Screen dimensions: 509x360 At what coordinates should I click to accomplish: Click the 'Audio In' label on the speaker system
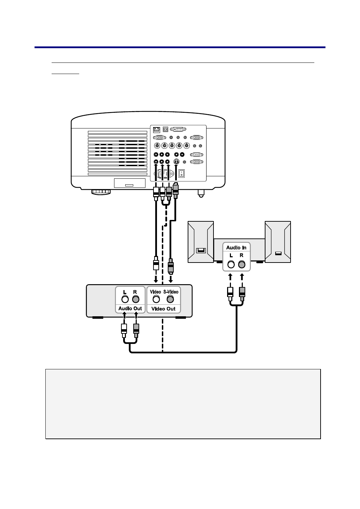click(x=236, y=248)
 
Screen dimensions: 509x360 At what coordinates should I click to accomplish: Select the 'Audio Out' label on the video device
click(x=130, y=309)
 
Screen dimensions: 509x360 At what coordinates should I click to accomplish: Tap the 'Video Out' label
click(x=163, y=309)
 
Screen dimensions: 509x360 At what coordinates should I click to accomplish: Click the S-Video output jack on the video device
click(x=170, y=299)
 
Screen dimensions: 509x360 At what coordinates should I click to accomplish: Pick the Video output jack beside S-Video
click(x=156, y=299)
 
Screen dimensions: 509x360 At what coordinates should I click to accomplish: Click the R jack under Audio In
click(x=241, y=264)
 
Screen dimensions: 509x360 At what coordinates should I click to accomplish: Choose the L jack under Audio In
click(x=231, y=264)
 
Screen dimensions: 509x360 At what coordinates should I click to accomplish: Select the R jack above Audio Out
click(x=136, y=299)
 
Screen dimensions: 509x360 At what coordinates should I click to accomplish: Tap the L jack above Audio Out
click(x=125, y=299)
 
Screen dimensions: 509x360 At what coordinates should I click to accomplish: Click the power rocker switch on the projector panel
click(x=181, y=173)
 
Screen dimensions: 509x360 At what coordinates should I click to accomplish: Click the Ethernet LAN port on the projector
click(x=156, y=130)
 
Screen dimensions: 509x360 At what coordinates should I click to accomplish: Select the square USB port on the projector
click(x=165, y=130)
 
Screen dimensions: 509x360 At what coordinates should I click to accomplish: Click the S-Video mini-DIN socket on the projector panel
click(x=177, y=162)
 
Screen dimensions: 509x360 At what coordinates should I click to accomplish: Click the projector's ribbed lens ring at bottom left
click(x=101, y=192)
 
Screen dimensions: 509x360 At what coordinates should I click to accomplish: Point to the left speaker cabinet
click(x=201, y=242)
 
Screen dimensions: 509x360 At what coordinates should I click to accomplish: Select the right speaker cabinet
click(x=278, y=242)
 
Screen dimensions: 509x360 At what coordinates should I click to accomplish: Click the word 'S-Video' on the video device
click(x=171, y=292)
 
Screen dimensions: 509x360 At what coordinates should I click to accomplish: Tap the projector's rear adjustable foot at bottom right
click(x=201, y=193)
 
